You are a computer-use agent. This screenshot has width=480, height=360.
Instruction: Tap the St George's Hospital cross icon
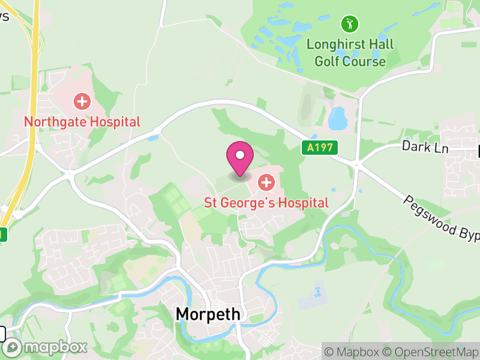coord(266,181)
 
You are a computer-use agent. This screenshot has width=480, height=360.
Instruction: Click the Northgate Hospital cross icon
coord(82,101)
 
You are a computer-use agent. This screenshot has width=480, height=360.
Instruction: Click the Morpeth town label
coord(208,314)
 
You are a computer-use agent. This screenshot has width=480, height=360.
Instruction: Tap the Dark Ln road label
coord(425,147)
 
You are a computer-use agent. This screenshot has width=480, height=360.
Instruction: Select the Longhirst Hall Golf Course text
coord(350,53)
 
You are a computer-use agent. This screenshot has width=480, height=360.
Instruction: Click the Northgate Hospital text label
coord(82,122)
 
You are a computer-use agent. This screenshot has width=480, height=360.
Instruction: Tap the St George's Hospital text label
coord(266,203)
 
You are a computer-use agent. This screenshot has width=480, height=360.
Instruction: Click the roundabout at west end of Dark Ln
coord(356,163)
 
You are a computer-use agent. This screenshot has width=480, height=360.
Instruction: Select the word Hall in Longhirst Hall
coord(382,44)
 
